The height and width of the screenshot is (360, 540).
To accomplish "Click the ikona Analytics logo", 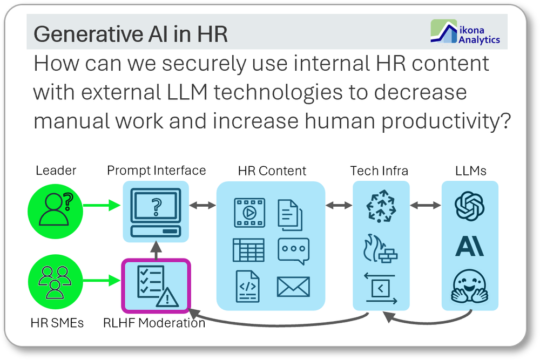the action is click(465, 32).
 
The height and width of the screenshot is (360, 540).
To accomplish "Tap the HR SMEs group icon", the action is click(55, 282).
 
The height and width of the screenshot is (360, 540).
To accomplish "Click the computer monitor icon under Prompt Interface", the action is click(156, 212).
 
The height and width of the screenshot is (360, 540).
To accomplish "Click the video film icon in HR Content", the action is click(249, 213).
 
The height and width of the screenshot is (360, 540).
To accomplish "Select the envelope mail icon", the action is click(293, 287).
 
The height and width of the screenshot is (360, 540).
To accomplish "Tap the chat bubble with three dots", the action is click(293, 251).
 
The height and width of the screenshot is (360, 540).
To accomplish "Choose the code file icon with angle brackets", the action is click(248, 287).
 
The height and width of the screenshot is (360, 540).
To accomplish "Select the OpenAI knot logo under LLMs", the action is click(469, 206).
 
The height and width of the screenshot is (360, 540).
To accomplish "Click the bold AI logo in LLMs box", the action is click(469, 247).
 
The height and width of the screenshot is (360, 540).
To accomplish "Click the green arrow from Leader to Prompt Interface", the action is click(102, 206).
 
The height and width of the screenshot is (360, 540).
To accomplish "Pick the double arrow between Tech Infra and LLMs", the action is click(426, 206).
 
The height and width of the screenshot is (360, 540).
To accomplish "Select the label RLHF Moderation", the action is click(154, 323).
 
